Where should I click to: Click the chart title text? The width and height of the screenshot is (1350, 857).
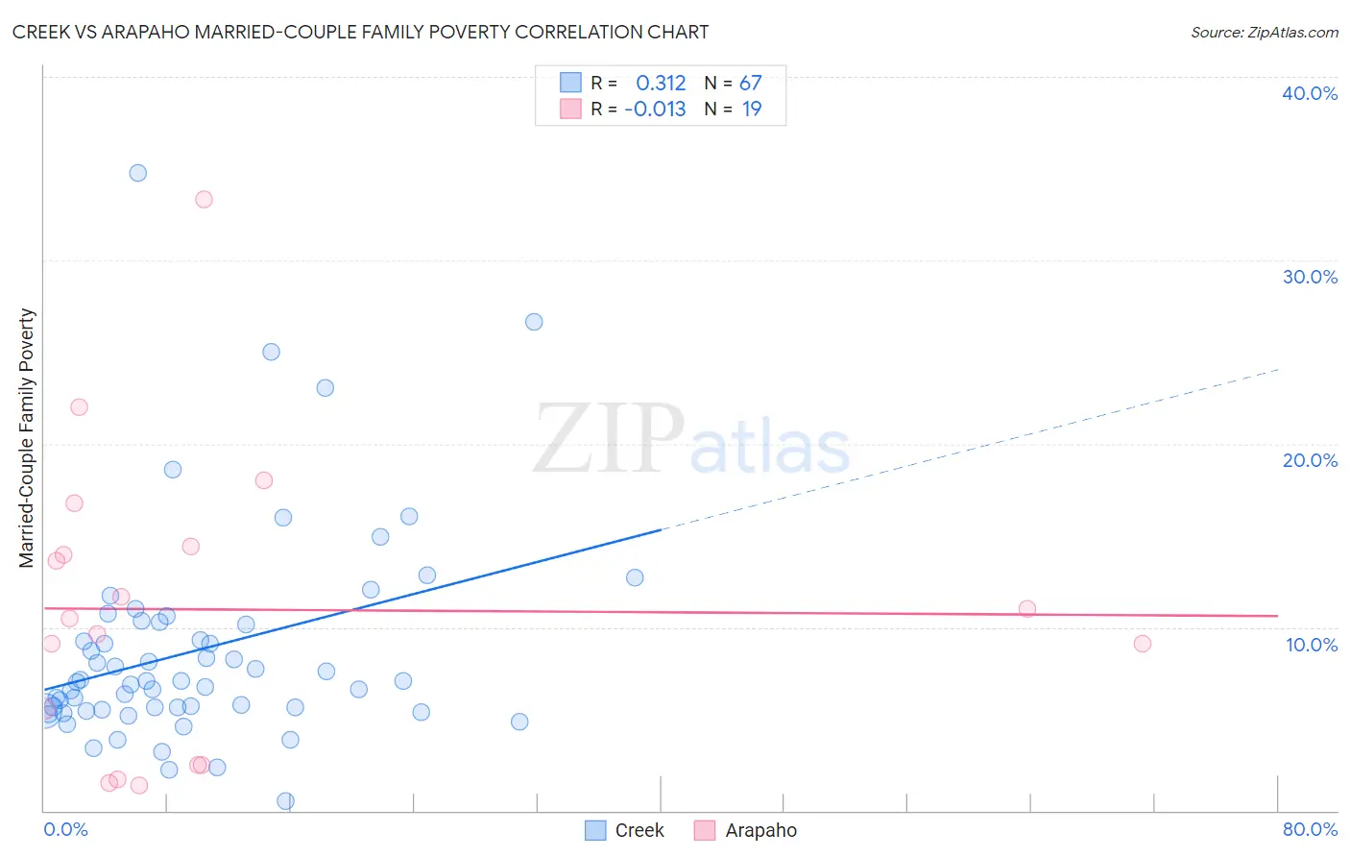pyautogui.click(x=360, y=32)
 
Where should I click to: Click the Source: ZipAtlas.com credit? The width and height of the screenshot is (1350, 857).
pyautogui.click(x=1264, y=32)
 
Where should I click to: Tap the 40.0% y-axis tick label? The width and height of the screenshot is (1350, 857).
pyautogui.click(x=1310, y=93)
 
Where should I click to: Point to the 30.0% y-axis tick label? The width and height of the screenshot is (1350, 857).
pyautogui.click(x=1310, y=277)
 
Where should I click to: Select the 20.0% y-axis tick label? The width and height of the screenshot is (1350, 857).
pyautogui.click(x=1310, y=460)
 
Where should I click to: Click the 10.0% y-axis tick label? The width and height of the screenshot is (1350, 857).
pyautogui.click(x=1312, y=645)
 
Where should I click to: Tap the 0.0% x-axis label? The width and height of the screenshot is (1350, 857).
pyautogui.click(x=66, y=829)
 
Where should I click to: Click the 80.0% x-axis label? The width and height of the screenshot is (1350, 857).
pyautogui.click(x=1310, y=829)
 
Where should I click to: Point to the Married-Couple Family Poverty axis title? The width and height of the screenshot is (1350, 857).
pyautogui.click(x=27, y=438)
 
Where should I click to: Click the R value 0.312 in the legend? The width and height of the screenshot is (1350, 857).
pyautogui.click(x=661, y=84)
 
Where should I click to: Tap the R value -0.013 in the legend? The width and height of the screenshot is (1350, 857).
pyautogui.click(x=655, y=110)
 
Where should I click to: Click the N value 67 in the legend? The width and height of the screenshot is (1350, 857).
pyautogui.click(x=750, y=84)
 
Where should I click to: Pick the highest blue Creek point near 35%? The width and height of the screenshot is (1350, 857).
pyautogui.click(x=138, y=173)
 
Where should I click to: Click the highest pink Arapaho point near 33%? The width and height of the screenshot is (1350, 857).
pyautogui.click(x=204, y=200)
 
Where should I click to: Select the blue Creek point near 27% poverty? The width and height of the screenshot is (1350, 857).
pyautogui.click(x=534, y=322)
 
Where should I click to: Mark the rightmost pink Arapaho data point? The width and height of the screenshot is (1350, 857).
pyautogui.click(x=1142, y=644)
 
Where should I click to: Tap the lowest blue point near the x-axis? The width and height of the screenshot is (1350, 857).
pyautogui.click(x=285, y=801)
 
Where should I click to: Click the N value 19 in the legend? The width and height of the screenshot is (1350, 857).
pyautogui.click(x=752, y=110)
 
